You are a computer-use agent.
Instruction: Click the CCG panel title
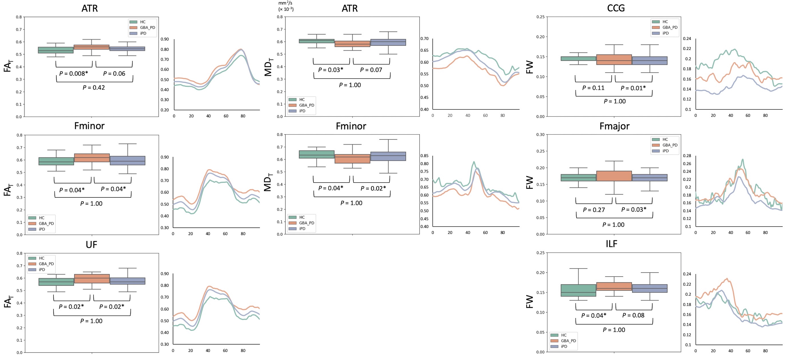pos(616,8)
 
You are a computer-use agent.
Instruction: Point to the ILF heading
pos(611,244)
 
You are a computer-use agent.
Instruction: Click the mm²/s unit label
pos(285,3)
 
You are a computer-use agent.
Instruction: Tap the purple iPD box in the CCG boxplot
pos(649,60)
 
